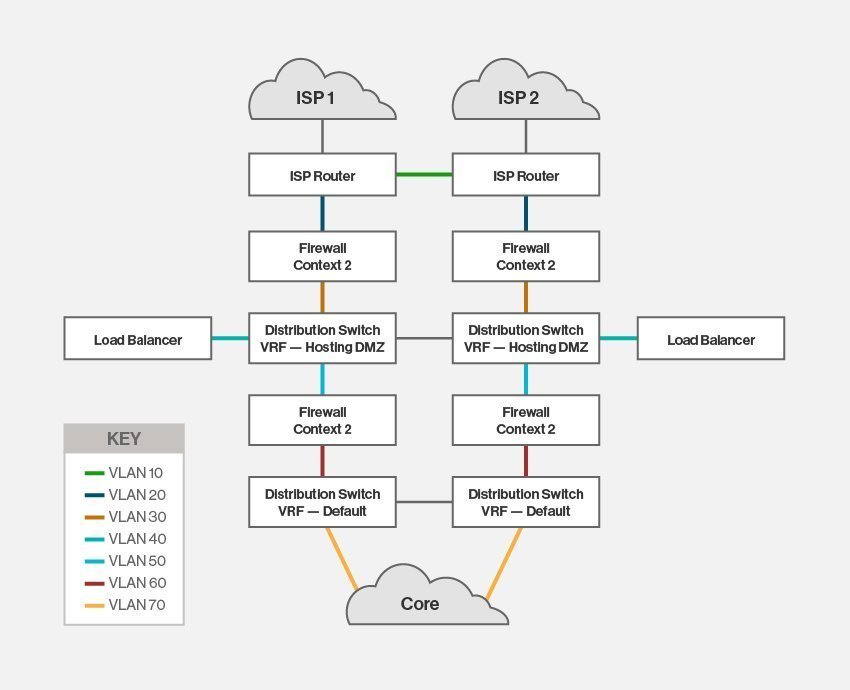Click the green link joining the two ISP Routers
[424, 175]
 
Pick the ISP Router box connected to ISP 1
[322, 175]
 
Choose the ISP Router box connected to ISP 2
[525, 175]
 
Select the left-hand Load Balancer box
[138, 339]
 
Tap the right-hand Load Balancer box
[710, 339]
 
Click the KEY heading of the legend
[124, 439]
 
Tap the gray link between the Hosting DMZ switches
[424, 339]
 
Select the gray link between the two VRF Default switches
[424, 502]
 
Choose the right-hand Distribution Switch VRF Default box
[525, 502]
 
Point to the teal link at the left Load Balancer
[229, 339]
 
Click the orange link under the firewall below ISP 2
[526, 297]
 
